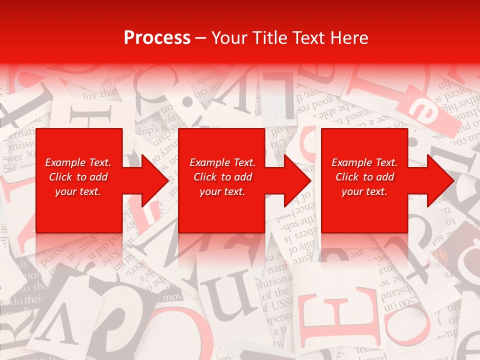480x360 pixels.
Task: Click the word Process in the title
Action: (157, 38)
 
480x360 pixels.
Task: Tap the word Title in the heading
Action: (272, 38)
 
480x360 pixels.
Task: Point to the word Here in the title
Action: (348, 38)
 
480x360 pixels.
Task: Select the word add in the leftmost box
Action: (98, 177)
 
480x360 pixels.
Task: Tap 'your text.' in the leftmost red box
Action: (78, 191)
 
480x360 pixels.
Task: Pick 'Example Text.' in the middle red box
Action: (222, 162)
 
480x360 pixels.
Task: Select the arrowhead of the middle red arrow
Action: (299, 181)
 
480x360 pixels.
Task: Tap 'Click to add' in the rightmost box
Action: (365, 177)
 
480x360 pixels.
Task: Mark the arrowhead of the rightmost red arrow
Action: (441, 181)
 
